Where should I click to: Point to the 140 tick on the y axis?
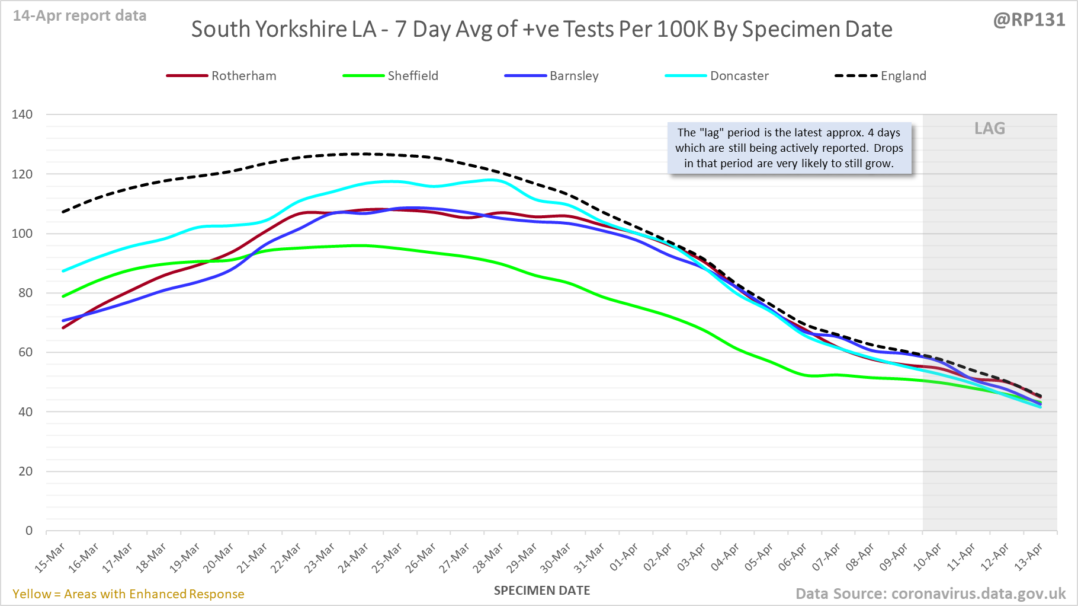tap(23, 114)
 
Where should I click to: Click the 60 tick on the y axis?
tap(25, 352)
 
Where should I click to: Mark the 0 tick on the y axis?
tap(29, 531)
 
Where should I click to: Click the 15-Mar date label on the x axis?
tap(50, 558)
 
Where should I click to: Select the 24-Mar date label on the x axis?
tap(354, 558)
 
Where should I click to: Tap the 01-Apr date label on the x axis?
tap(624, 558)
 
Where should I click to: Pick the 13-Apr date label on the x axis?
tap(1029, 558)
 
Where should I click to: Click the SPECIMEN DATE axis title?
tap(542, 591)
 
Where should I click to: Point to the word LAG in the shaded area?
tap(990, 129)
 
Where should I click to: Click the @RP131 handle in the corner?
tap(1029, 20)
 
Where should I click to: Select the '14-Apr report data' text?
tap(80, 16)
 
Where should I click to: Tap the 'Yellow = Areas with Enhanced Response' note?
tap(129, 594)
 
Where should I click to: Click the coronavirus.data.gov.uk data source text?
tap(978, 594)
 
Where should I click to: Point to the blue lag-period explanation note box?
tap(789, 148)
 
